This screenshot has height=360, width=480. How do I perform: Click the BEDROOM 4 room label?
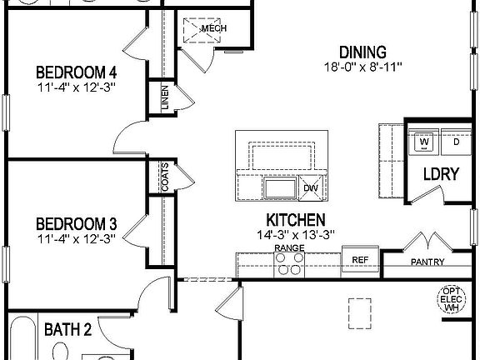[76, 72]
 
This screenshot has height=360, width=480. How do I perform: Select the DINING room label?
[362, 51]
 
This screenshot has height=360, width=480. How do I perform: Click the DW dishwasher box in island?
[310, 188]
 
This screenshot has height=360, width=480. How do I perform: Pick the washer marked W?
[424, 142]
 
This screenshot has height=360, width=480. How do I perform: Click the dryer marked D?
[456, 142]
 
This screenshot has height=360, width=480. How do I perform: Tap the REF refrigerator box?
[360, 261]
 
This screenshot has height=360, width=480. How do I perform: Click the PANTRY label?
[427, 262]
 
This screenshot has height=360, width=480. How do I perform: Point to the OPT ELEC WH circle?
[452, 298]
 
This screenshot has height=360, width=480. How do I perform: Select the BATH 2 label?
[67, 329]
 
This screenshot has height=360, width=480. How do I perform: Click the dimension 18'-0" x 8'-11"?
[363, 66]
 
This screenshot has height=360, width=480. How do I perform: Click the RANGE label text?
[288, 248]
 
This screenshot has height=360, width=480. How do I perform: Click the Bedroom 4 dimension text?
[76, 87]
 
